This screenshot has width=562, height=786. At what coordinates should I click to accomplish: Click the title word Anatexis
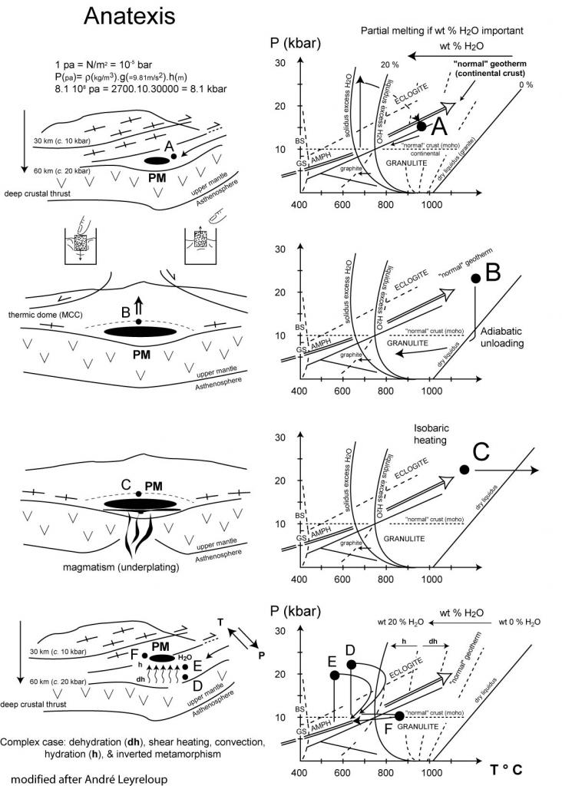128,16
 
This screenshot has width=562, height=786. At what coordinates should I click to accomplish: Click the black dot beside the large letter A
421,125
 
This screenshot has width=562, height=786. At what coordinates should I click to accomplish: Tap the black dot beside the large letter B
474,279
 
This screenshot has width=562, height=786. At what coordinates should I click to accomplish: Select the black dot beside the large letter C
464,469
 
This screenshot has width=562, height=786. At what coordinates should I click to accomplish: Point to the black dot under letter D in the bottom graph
351,664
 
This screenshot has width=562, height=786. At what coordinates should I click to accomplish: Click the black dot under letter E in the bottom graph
334,675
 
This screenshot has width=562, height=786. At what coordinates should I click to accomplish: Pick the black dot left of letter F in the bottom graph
399,715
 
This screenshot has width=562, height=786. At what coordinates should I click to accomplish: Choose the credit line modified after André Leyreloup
87,778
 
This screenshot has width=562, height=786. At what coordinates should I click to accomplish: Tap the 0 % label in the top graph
526,84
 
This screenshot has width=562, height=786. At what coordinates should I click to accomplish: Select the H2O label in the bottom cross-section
184,658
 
